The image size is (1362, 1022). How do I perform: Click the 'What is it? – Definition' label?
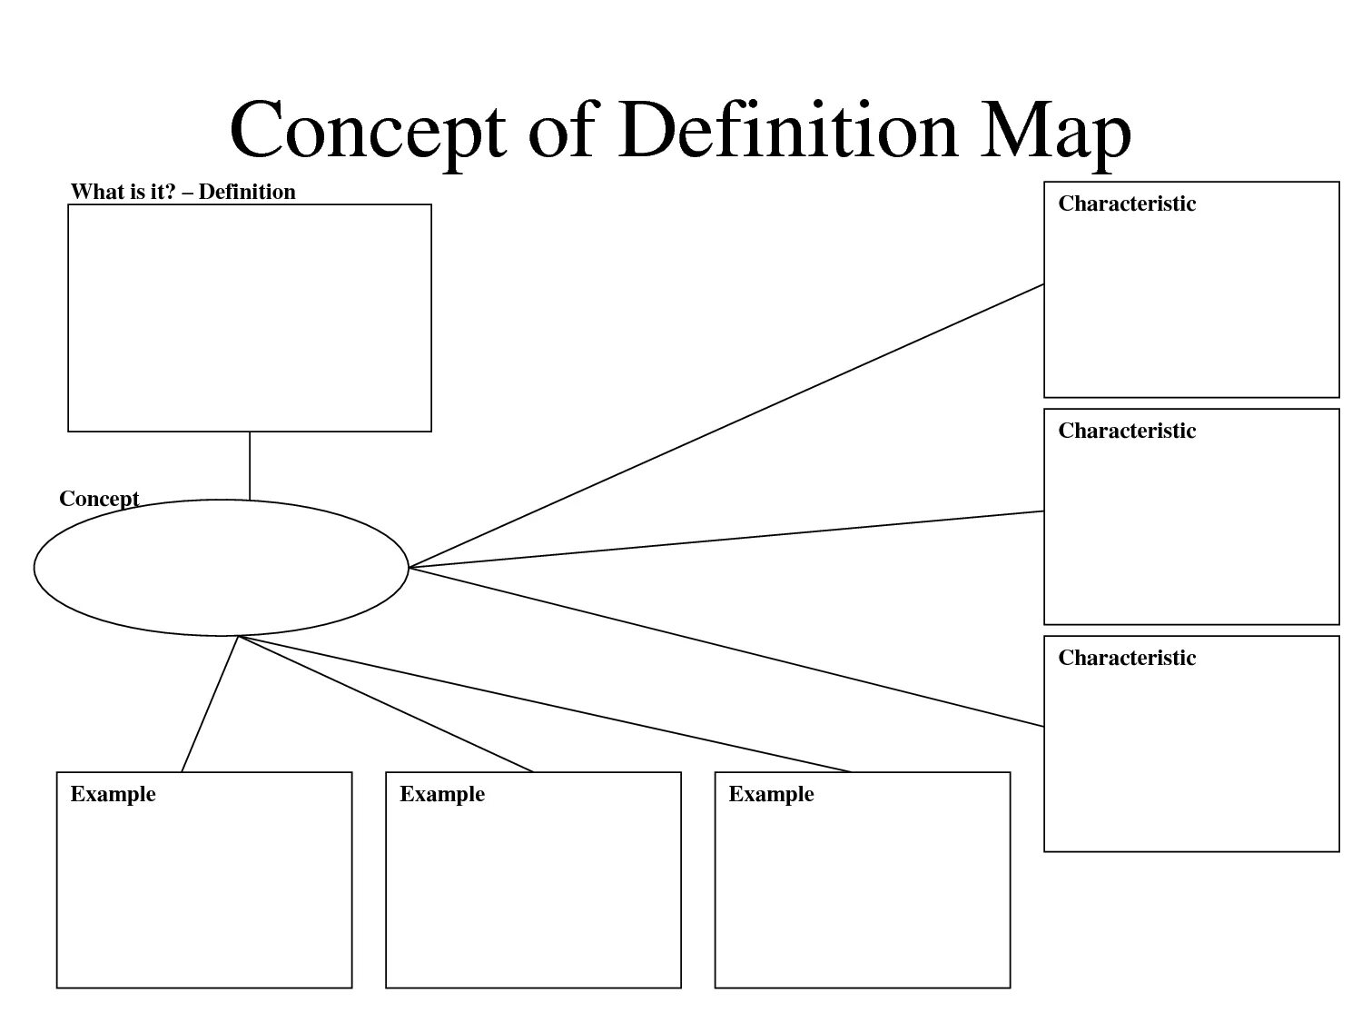183,192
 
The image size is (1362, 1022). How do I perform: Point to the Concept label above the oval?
99,499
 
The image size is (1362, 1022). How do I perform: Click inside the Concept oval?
221,568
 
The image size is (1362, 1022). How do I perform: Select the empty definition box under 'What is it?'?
250,318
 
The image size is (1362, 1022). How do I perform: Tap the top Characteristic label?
1127,203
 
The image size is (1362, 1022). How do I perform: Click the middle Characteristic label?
1127,431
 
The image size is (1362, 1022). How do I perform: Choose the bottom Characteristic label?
1127,658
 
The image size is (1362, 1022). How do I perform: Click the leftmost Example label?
113,794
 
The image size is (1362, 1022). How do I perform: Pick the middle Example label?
442,794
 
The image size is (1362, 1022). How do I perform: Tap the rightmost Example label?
771,794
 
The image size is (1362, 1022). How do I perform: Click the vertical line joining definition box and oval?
250,465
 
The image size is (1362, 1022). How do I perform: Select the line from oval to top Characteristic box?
726,425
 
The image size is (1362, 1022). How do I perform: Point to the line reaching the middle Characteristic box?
726,540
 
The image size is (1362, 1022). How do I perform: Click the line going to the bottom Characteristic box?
726,647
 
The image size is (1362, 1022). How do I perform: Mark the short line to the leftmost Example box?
210,704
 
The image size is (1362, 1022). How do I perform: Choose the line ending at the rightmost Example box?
545,704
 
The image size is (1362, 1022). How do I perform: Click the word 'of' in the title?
561,130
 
